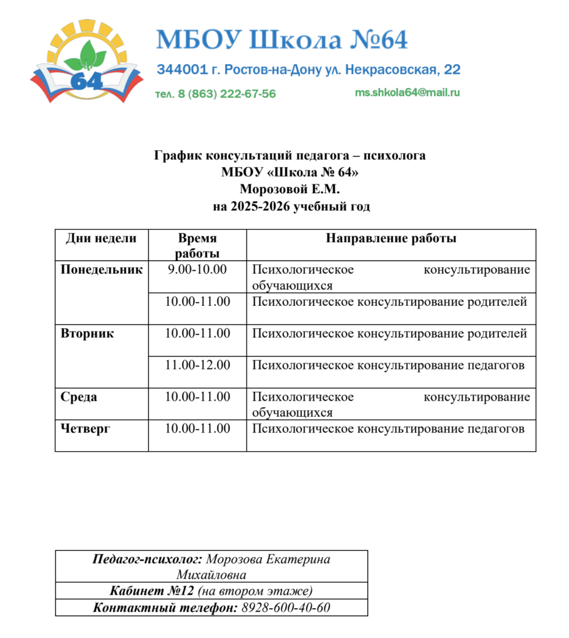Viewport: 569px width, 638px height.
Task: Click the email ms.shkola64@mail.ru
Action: click(407, 92)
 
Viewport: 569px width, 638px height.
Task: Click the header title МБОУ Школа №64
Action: click(281, 40)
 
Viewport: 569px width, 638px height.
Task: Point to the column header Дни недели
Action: click(101, 239)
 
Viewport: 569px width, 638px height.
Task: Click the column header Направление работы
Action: click(391, 239)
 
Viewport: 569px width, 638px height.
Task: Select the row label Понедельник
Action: click(102, 270)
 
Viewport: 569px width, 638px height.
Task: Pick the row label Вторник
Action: click(87, 333)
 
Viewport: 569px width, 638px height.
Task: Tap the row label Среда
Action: click(79, 397)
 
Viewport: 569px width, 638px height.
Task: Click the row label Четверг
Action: click(85, 429)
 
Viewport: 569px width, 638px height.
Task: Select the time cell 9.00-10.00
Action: click(197, 270)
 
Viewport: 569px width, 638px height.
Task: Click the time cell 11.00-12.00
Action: click(197, 365)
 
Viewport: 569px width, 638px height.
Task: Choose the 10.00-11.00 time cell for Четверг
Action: click(197, 429)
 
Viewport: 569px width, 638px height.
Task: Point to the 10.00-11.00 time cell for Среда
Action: click(197, 397)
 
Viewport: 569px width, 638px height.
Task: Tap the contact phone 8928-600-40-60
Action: click(285, 607)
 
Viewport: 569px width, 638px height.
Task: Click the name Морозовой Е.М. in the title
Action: click(291, 189)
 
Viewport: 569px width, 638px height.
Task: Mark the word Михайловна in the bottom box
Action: click(211, 574)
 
